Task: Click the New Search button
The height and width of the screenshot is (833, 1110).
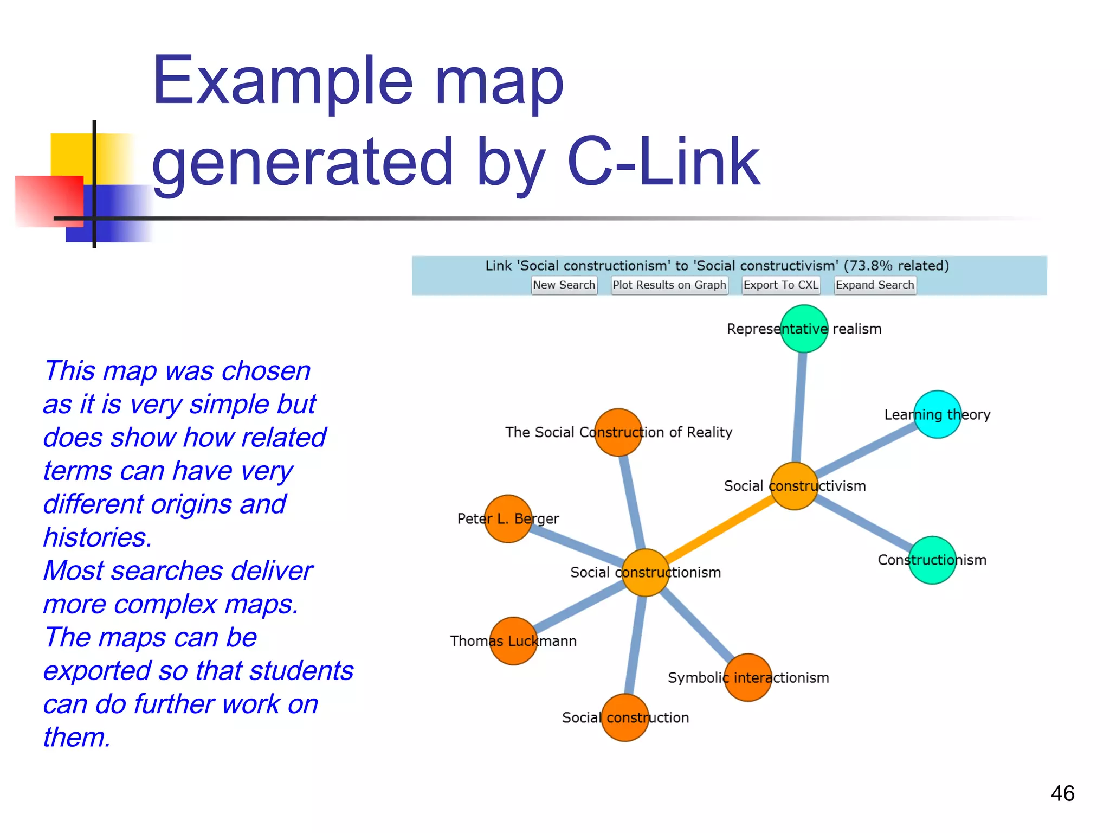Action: click(x=564, y=285)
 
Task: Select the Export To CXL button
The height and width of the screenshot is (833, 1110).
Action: click(x=780, y=285)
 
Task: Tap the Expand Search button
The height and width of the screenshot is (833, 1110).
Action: click(x=875, y=285)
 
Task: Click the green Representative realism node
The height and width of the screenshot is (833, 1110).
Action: click(x=804, y=329)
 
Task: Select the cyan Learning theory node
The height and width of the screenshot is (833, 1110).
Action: click(x=937, y=414)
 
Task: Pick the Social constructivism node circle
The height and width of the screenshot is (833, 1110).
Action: click(x=794, y=486)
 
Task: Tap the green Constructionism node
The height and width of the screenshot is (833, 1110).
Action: click(x=932, y=560)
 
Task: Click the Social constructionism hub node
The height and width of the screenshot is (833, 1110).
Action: click(x=645, y=573)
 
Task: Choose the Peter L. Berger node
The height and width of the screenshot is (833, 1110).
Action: click(x=508, y=519)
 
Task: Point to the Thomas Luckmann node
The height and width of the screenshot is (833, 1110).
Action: click(x=513, y=641)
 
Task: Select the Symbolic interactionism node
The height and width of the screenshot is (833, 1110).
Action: click(x=748, y=677)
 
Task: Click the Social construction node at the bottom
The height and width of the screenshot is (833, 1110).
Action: click(x=625, y=717)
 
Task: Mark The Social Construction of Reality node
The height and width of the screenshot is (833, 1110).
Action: click(x=618, y=432)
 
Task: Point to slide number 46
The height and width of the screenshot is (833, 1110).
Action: click(x=1062, y=793)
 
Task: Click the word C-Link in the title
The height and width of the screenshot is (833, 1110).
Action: click(x=663, y=162)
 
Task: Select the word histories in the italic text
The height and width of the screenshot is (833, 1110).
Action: click(x=98, y=537)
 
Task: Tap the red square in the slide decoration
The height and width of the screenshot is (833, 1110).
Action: click(x=49, y=201)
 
